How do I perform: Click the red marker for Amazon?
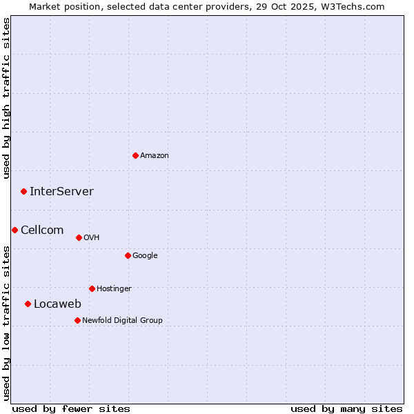tap(135, 155)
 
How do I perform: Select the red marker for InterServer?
tap(23, 191)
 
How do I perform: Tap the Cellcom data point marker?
tap(14, 230)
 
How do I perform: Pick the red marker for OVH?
tap(79, 237)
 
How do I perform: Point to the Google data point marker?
tap(128, 255)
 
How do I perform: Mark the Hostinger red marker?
tap(92, 288)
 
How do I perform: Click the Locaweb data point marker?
tap(28, 304)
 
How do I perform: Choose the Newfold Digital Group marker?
tap(77, 320)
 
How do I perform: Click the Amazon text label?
tap(155, 156)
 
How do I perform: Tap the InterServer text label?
tap(61, 192)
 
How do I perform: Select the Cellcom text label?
tap(42, 230)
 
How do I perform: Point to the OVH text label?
tap(92, 238)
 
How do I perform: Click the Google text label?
tap(145, 256)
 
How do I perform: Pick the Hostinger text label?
tap(114, 289)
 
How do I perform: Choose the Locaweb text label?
tap(57, 304)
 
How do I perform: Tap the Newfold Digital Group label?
tap(122, 321)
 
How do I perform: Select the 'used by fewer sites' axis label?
tap(71, 408)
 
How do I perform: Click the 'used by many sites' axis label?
tap(346, 408)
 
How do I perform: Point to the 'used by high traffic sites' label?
tap(6, 98)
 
